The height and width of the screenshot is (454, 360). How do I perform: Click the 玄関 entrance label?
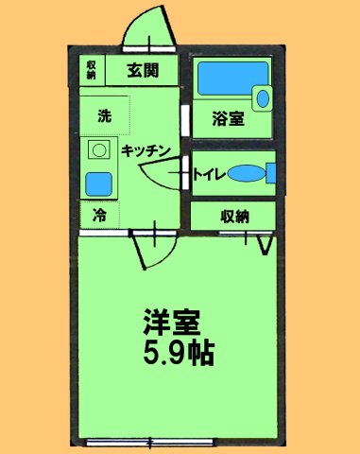[x=145, y=69]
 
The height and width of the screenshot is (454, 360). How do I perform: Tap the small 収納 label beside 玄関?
[x=92, y=69]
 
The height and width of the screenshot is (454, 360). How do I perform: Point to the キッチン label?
[x=144, y=149]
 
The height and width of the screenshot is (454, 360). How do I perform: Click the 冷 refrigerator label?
[x=99, y=215]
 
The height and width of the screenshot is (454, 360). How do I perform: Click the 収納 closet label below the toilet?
[x=235, y=216]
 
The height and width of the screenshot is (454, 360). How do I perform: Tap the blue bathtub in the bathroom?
[x=226, y=79]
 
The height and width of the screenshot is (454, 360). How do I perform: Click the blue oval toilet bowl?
[x=246, y=174]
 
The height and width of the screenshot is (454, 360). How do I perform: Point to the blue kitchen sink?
[x=97, y=183]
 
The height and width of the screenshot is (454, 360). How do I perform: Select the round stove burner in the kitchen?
[x=97, y=150]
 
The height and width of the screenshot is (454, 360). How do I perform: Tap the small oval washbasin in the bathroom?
[x=263, y=96]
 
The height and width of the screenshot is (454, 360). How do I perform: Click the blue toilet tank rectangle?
[x=271, y=174]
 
